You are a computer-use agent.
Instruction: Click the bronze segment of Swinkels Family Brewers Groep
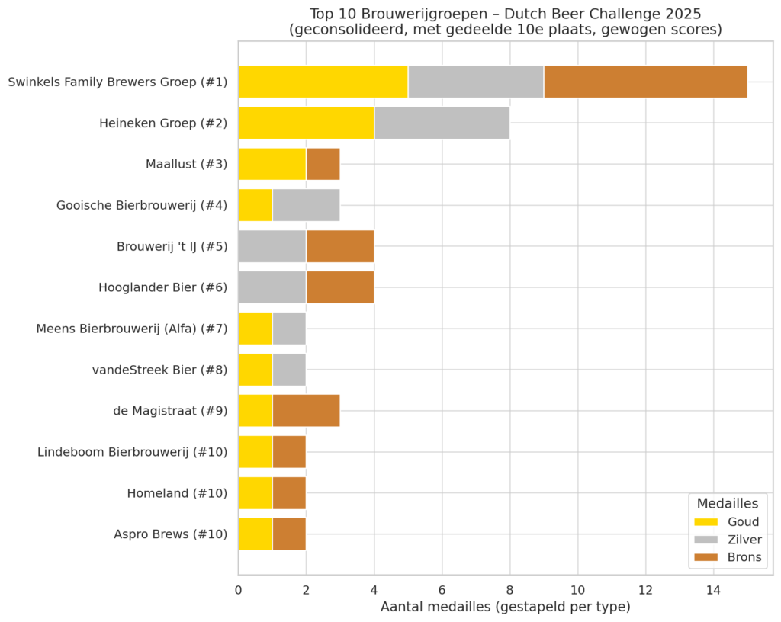pyautogui.click(x=645, y=82)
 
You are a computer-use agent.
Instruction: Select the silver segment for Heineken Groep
pyautogui.click(x=442, y=123)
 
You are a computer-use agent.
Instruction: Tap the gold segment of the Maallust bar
pyautogui.click(x=272, y=164)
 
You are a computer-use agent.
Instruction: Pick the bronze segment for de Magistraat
pyautogui.click(x=306, y=411)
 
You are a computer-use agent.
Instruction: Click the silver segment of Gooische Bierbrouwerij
pyautogui.click(x=306, y=205)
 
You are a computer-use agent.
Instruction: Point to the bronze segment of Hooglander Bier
pyautogui.click(x=340, y=287)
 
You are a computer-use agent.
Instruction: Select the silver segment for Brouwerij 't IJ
pyautogui.click(x=272, y=246)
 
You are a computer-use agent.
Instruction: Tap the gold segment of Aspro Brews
pyautogui.click(x=255, y=534)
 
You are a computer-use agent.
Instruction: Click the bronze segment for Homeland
pyautogui.click(x=289, y=492)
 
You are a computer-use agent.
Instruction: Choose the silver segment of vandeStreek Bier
pyautogui.click(x=289, y=370)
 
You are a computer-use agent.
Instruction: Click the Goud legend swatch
pyautogui.click(x=705, y=522)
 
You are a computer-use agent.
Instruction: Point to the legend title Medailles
pyautogui.click(x=727, y=503)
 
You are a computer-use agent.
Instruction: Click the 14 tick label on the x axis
pyautogui.click(x=713, y=589)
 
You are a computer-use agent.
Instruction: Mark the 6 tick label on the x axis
pyautogui.click(x=442, y=589)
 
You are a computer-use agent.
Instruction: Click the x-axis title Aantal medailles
pyautogui.click(x=505, y=607)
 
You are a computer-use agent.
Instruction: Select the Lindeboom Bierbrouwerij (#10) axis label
pyautogui.click(x=132, y=452)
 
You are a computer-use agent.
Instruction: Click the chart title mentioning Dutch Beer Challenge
pyautogui.click(x=505, y=21)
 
